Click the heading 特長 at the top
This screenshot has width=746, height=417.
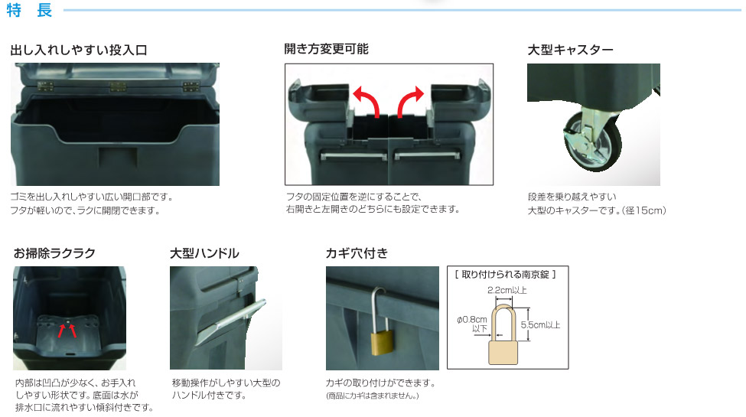(x=30, y=10)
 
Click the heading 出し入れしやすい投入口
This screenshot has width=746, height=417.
(x=79, y=50)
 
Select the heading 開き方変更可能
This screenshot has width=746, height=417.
(x=327, y=49)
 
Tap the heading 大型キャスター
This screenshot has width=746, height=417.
(x=571, y=50)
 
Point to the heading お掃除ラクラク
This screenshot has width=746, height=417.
(x=54, y=252)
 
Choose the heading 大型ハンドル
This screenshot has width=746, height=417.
(x=204, y=252)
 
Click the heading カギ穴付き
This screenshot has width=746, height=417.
(x=357, y=252)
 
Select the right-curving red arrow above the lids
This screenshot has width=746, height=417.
(x=409, y=100)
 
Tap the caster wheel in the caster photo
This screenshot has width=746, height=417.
(x=592, y=142)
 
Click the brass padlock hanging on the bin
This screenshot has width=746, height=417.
(x=382, y=342)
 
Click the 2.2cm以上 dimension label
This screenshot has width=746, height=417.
(x=507, y=290)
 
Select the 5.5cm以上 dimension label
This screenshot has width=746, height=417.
(x=540, y=325)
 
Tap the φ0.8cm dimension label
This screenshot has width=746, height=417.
(x=472, y=320)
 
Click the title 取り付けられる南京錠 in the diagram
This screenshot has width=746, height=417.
(x=505, y=274)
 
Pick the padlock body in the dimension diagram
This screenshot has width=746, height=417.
(x=503, y=352)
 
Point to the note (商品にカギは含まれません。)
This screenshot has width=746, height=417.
(x=373, y=396)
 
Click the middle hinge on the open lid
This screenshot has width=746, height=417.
(x=118, y=86)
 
